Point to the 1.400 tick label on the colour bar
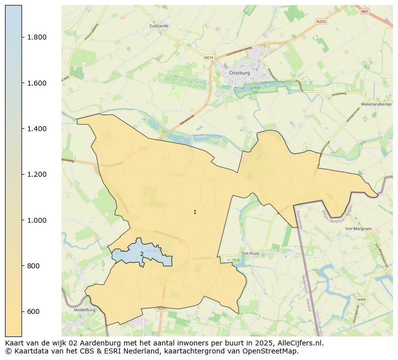(37, 129)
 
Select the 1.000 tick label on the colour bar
(37, 220)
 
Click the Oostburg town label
(239, 73)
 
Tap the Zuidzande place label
(159, 25)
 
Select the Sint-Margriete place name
(358, 228)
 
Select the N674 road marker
(209, 58)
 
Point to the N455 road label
(361, 299)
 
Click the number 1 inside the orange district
(195, 212)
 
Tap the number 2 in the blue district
(142, 254)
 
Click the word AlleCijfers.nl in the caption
(298, 343)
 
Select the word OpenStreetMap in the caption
(273, 351)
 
